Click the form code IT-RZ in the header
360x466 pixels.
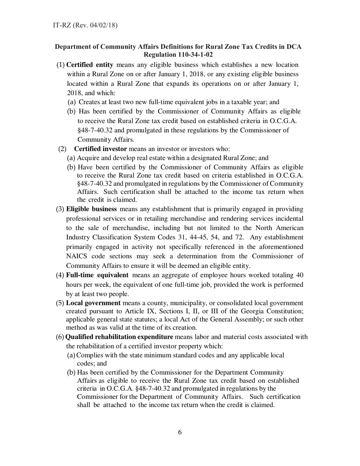click(x=61, y=25)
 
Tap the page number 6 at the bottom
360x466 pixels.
click(x=180, y=433)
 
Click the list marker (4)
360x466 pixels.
click(x=60, y=275)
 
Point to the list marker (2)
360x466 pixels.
click(x=62, y=149)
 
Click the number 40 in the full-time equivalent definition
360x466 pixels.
click(x=299, y=275)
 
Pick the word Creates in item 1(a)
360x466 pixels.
click(x=89, y=102)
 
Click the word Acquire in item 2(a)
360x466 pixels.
click(x=88, y=158)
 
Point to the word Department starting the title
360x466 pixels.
click(x=72, y=47)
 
